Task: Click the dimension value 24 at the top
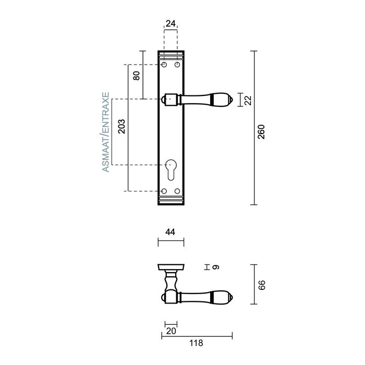pyautogui.click(x=171, y=23)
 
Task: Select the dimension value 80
pyautogui.click(x=136, y=75)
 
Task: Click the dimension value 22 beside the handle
pyautogui.click(x=248, y=99)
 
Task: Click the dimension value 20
pyautogui.click(x=171, y=331)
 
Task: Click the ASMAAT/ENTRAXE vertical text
pyautogui.click(x=105, y=133)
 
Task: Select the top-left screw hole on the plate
pyautogui.click(x=164, y=65)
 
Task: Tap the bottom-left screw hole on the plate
pyautogui.click(x=164, y=191)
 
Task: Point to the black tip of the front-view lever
pyautogui.click(x=227, y=99)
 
